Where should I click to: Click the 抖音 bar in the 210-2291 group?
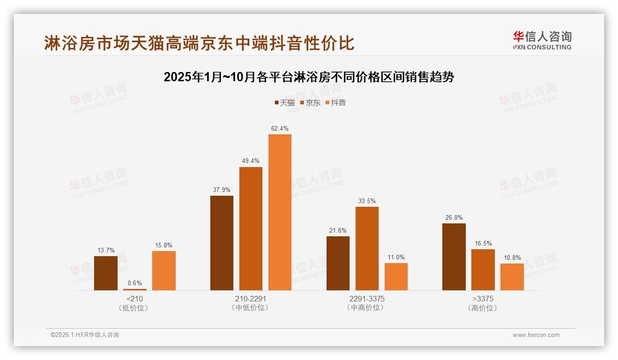(x=280, y=212)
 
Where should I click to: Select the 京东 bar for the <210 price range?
(x=135, y=289)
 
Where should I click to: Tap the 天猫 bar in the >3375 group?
(x=454, y=257)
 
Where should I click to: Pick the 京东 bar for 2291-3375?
(x=367, y=249)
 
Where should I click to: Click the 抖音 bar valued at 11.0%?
(x=396, y=277)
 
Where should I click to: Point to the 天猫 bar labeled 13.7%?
(x=106, y=273)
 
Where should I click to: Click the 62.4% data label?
(x=280, y=128)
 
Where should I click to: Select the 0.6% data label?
(x=135, y=283)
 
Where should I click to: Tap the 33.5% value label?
(x=367, y=201)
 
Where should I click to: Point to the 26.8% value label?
(x=454, y=217)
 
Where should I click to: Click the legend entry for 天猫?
(x=285, y=103)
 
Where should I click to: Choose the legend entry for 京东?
(x=310, y=103)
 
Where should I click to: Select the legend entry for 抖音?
(x=335, y=103)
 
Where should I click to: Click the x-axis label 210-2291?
(x=251, y=299)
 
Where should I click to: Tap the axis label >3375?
(x=483, y=299)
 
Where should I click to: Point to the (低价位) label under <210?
(x=134, y=308)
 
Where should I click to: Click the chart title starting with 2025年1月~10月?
(x=309, y=77)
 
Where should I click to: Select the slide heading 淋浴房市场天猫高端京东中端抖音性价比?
(x=199, y=43)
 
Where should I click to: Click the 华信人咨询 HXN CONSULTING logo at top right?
(x=542, y=41)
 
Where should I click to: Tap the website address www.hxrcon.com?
(x=536, y=335)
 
